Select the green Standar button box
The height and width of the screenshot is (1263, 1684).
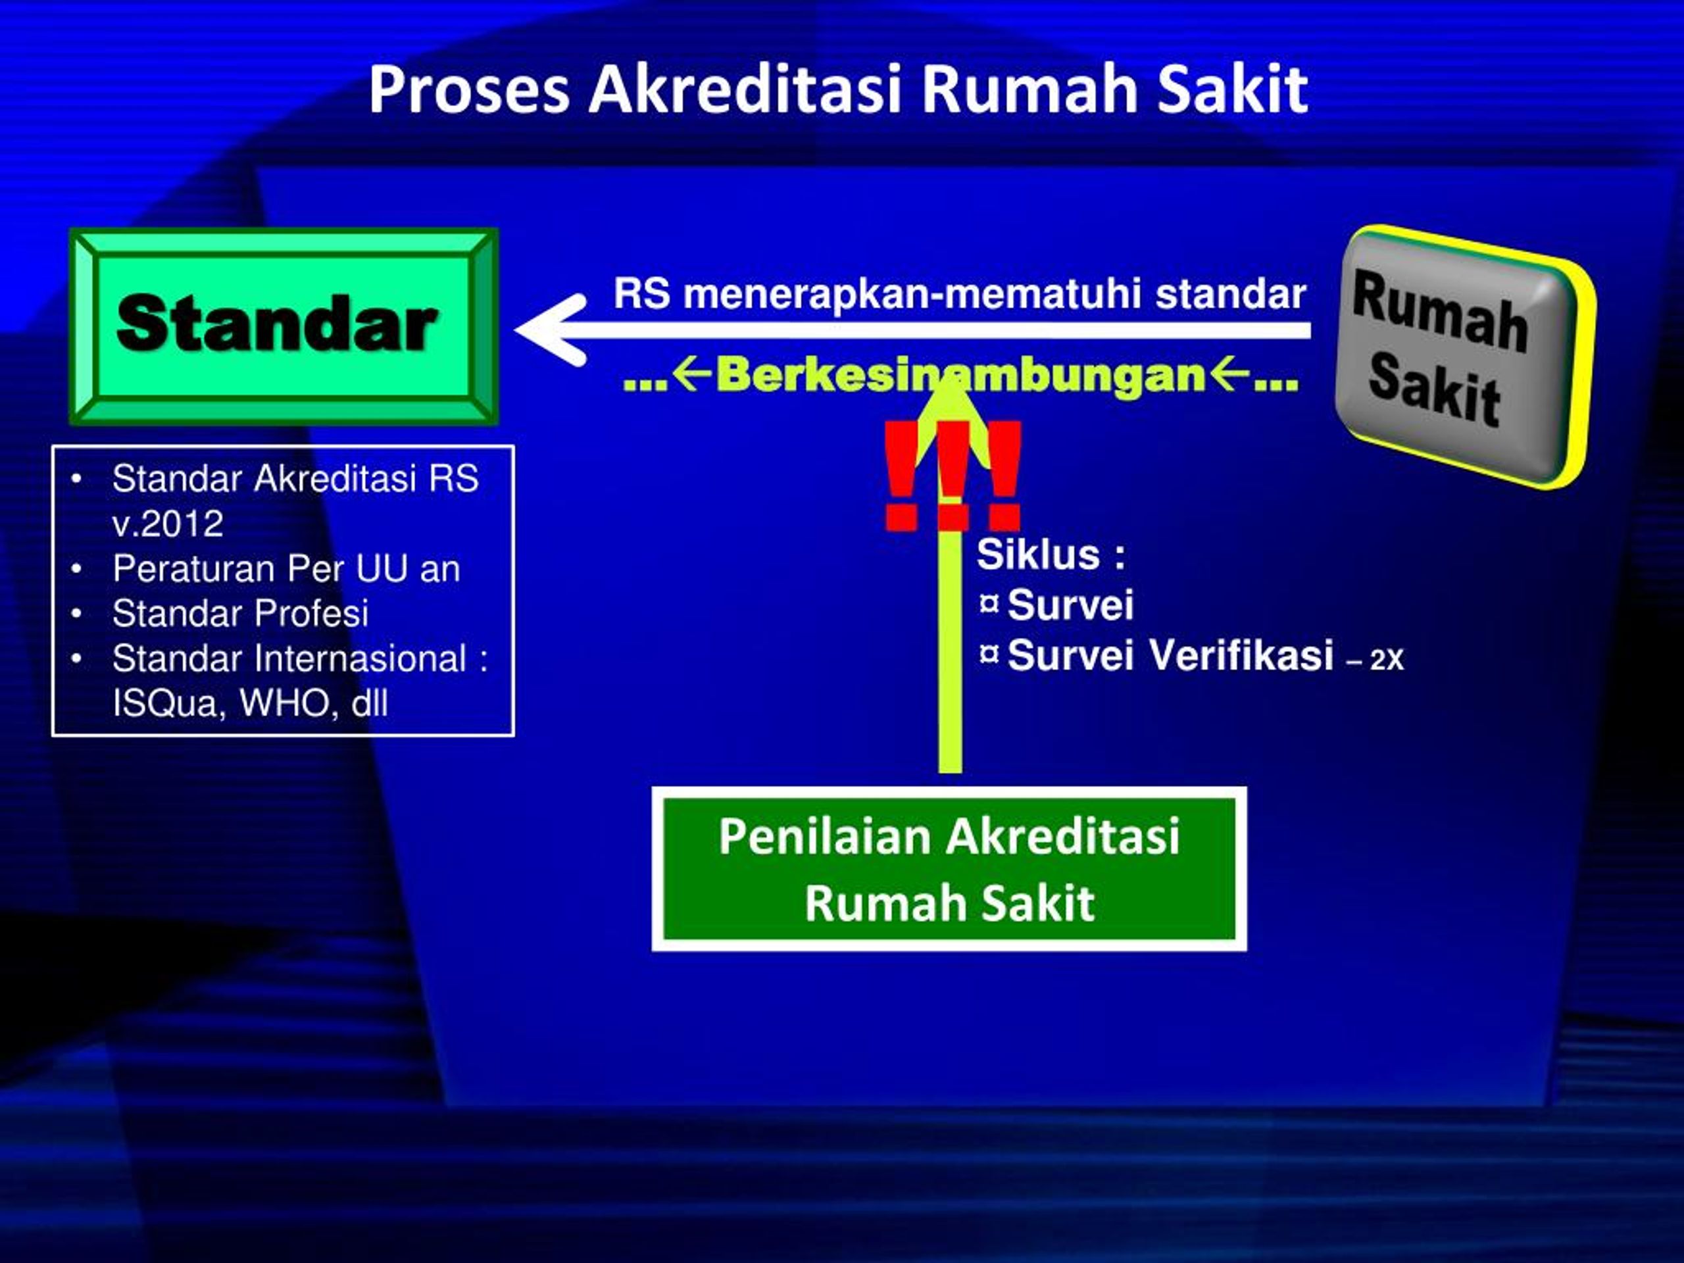pos(284,326)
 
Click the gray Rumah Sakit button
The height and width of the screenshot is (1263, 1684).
pos(1465,357)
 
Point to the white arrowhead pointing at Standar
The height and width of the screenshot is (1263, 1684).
pos(551,330)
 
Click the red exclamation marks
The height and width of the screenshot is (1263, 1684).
pos(952,475)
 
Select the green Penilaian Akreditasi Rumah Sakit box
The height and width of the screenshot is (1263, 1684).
pos(949,869)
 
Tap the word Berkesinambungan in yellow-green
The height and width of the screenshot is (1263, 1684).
pos(962,376)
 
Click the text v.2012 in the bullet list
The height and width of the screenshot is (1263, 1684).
pos(168,524)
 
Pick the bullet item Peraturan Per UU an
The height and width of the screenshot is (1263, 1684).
pos(286,569)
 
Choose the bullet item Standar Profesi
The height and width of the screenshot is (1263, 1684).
pos(241,613)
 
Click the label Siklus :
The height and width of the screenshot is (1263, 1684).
pos(1051,555)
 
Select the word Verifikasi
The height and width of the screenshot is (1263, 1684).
pos(1241,655)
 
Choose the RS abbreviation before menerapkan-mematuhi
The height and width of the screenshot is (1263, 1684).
pos(642,294)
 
